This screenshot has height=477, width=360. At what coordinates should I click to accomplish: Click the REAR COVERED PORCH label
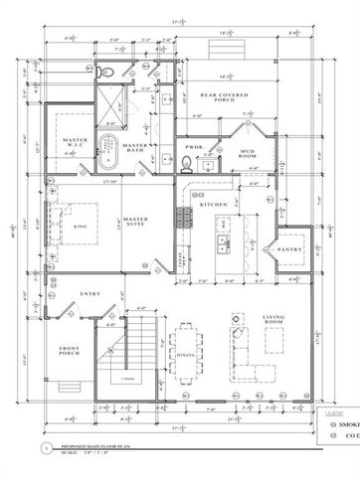(x=224, y=98)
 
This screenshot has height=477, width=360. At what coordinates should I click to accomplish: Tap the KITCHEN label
(x=214, y=205)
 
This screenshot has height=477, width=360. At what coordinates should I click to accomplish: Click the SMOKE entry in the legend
(x=344, y=422)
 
